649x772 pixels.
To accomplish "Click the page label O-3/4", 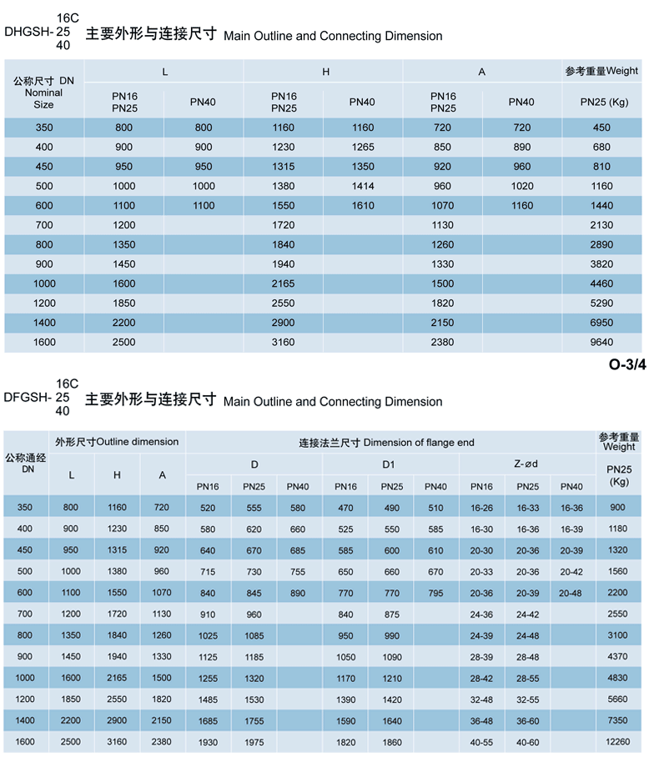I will click(627, 364).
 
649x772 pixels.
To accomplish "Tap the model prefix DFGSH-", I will click(28, 397).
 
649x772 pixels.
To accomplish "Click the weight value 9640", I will click(601, 342).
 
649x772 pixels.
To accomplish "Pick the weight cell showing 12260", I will click(618, 741).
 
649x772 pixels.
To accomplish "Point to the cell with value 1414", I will click(363, 186).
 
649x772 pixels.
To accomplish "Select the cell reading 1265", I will click(363, 147).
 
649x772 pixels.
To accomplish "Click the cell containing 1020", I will click(521, 186).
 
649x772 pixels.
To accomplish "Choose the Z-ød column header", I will click(526, 464).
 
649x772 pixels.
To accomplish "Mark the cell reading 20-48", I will click(571, 594).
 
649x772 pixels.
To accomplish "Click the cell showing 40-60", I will click(527, 741).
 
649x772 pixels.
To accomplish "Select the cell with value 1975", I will click(254, 741).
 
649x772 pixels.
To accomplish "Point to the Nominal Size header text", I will click(43, 98).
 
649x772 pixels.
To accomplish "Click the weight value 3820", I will click(601, 264).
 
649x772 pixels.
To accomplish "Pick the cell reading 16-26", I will click(481, 508).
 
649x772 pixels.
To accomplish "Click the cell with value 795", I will click(435, 594).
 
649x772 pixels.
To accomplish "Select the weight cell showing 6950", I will click(601, 323).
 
